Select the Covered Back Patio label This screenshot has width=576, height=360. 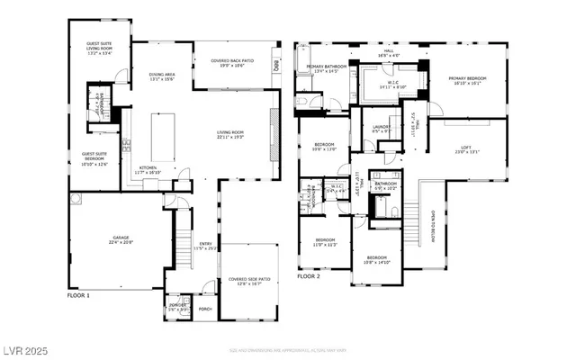tap(232, 62)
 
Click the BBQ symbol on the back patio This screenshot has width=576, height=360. tap(278, 65)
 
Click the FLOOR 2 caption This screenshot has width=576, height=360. tap(309, 276)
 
